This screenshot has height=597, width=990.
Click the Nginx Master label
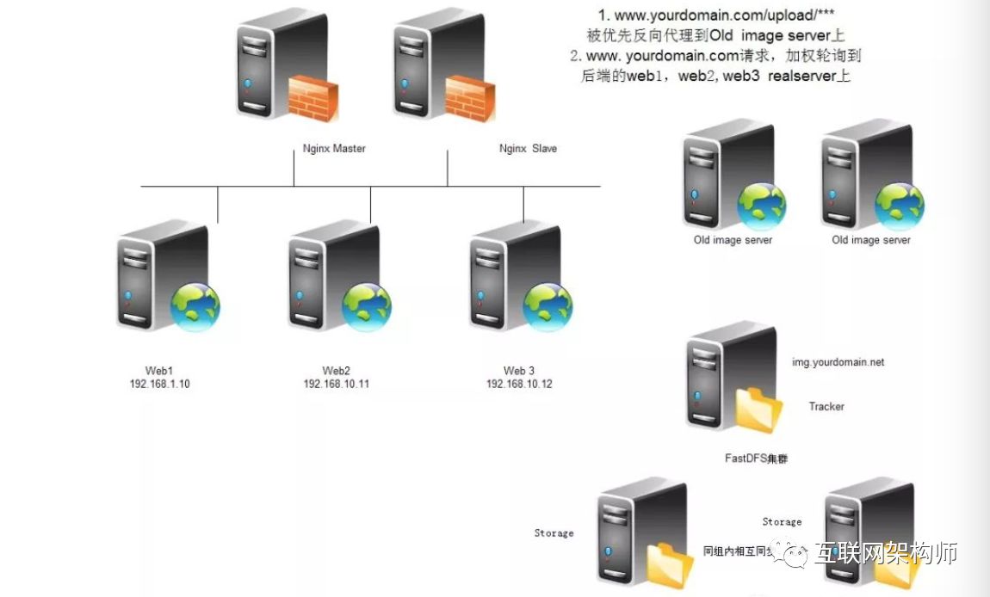[x=334, y=149]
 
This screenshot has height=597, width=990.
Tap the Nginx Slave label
[x=528, y=149]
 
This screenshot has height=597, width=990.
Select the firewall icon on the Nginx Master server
[x=312, y=97]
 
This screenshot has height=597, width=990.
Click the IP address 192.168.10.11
[x=336, y=385]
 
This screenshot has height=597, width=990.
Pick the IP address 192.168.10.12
[x=518, y=385]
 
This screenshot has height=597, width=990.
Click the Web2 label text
[x=336, y=371]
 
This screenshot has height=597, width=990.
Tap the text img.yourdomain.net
[x=838, y=363]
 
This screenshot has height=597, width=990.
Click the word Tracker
[x=826, y=406]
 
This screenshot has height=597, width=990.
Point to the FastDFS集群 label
[x=756, y=459]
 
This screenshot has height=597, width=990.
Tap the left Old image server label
[x=733, y=240]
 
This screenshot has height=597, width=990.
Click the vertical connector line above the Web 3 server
[x=523, y=204]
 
